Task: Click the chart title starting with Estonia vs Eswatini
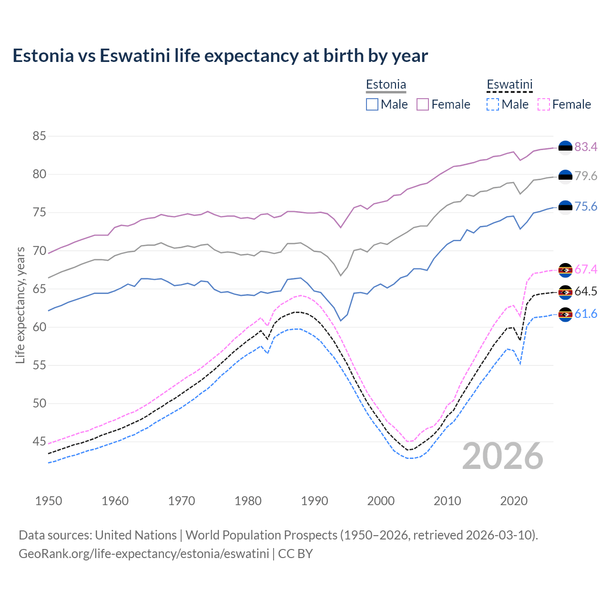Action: pos(220,56)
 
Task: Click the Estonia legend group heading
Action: pos(386,85)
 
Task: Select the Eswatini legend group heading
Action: pos(509,85)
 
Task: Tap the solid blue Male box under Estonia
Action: pos(372,104)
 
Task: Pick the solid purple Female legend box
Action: pos(423,104)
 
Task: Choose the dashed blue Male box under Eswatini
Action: pos(493,104)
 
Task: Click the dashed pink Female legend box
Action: pos(543,104)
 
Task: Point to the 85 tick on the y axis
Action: pos(40,136)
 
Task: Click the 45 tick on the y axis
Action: pos(40,442)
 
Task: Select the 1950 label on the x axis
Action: pos(49,501)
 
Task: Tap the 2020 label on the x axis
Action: pos(514,501)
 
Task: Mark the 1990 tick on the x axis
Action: pos(315,501)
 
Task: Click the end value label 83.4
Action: pos(586,147)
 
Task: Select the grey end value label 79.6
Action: pos(586,176)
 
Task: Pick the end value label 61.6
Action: pos(586,314)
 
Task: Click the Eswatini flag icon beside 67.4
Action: pos(565,270)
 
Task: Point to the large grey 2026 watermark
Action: pos(503,456)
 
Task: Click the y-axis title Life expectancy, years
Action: pos(20,305)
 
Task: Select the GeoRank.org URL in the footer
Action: pos(143,554)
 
